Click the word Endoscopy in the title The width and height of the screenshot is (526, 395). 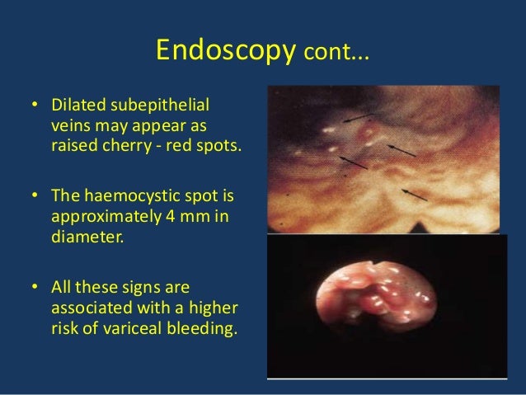click(x=225, y=51)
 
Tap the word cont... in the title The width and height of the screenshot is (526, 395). click(x=337, y=54)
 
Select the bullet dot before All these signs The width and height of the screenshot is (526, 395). click(x=35, y=286)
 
